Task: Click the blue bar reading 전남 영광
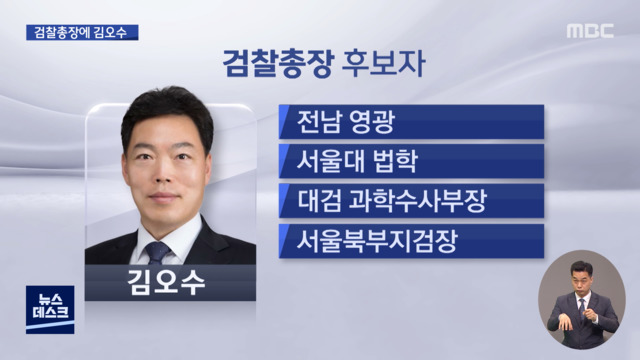[x=411, y=122]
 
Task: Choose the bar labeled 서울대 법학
[x=411, y=160]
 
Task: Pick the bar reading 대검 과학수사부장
[x=411, y=199]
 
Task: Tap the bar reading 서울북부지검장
[x=411, y=238]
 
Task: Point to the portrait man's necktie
[x=159, y=251]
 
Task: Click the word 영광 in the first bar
[x=372, y=122]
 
